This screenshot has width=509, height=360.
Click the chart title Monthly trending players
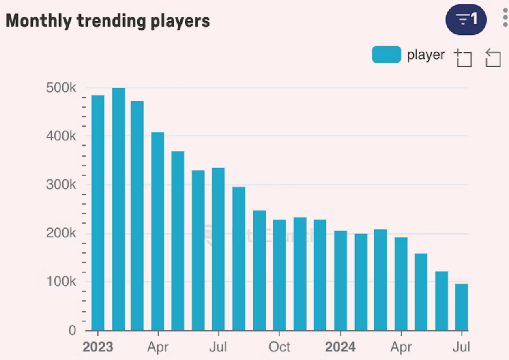click(x=108, y=21)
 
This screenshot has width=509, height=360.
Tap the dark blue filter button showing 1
click(x=466, y=19)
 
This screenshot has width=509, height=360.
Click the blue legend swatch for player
click(x=386, y=55)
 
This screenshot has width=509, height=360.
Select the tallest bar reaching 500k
click(x=118, y=209)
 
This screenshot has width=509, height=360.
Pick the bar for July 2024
click(x=462, y=307)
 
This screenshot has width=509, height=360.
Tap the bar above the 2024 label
click(x=340, y=280)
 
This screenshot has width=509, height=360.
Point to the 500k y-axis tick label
click(x=61, y=88)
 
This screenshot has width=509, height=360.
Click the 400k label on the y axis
click(x=61, y=136)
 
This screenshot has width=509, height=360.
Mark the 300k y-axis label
click(x=61, y=185)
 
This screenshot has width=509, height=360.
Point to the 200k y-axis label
click(x=61, y=233)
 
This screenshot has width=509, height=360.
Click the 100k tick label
click(x=61, y=282)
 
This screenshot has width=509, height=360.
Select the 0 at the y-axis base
click(x=72, y=330)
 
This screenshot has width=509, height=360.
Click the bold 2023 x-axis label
click(x=98, y=347)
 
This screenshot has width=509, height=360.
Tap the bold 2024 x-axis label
click(x=340, y=347)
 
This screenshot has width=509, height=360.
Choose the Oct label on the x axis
click(x=279, y=347)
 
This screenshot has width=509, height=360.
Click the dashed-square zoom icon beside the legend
click(x=463, y=58)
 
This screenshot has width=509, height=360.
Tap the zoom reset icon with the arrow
click(x=493, y=58)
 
